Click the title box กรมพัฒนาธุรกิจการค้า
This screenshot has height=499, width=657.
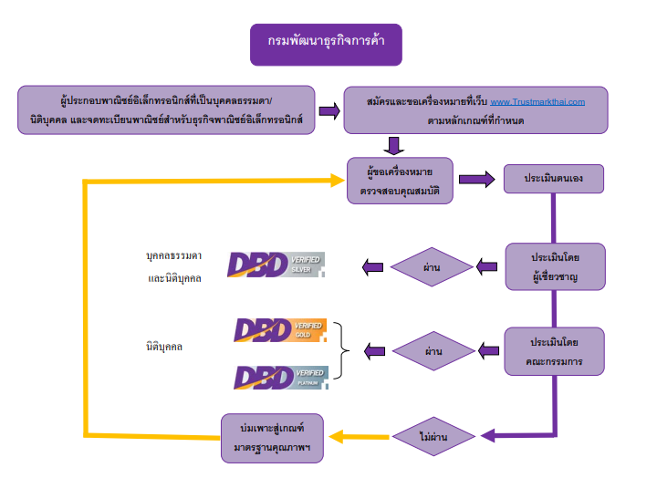(326, 43)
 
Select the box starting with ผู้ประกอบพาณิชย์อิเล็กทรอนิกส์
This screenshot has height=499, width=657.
(166, 109)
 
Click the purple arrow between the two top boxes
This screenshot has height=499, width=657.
(329, 110)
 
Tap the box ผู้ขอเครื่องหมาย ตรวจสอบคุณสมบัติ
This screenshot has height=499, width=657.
(400, 180)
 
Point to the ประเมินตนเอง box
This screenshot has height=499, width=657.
(554, 179)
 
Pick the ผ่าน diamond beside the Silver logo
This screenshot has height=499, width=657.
(433, 267)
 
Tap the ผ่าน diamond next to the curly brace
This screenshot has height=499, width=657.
(433, 350)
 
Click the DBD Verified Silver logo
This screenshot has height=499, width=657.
(276, 265)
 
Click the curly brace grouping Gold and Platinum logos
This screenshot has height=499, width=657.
(342, 350)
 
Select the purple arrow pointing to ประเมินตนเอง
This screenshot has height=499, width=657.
(477, 179)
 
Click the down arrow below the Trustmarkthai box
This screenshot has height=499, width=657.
(394, 145)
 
